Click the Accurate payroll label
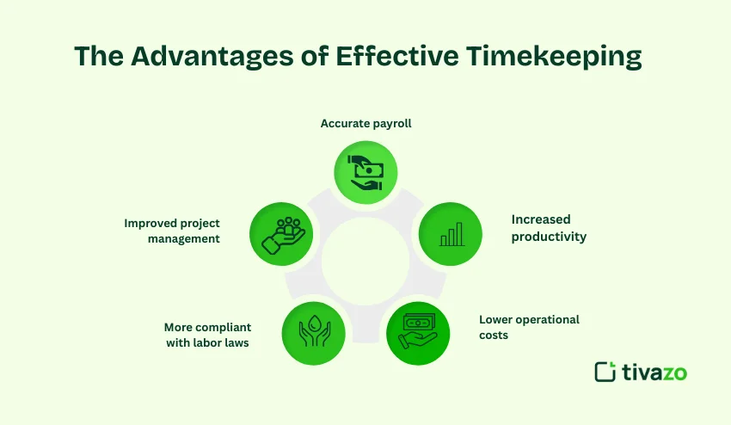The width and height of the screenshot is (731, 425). [x=365, y=123]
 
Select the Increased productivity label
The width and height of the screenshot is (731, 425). [x=549, y=228]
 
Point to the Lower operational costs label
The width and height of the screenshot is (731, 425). [x=529, y=327]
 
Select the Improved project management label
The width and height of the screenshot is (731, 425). [x=172, y=231]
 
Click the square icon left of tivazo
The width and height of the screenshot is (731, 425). [x=605, y=372]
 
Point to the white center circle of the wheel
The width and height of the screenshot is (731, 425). [x=365, y=262]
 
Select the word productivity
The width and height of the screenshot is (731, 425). [x=549, y=237]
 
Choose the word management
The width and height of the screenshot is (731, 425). [x=183, y=238]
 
